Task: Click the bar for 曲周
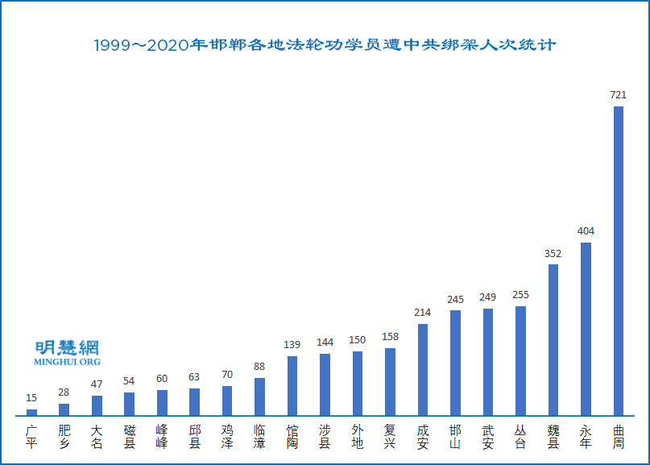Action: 619,261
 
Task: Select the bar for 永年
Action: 586,329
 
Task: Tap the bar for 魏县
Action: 553,340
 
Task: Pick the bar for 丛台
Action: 520,361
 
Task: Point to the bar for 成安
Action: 423,370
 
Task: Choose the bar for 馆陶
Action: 292,386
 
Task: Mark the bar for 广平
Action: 31,413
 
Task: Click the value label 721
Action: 619,95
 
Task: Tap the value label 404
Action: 586,231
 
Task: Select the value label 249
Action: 488,297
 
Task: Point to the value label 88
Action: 259,367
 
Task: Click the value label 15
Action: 31,398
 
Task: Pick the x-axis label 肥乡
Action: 64,437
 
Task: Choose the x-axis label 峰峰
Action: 162,437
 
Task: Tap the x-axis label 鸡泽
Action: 227,437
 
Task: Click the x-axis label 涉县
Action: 325,437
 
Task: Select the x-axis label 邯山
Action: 455,437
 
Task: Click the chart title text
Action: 325,45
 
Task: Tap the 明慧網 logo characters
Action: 68,348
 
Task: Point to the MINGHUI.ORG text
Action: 68,363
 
